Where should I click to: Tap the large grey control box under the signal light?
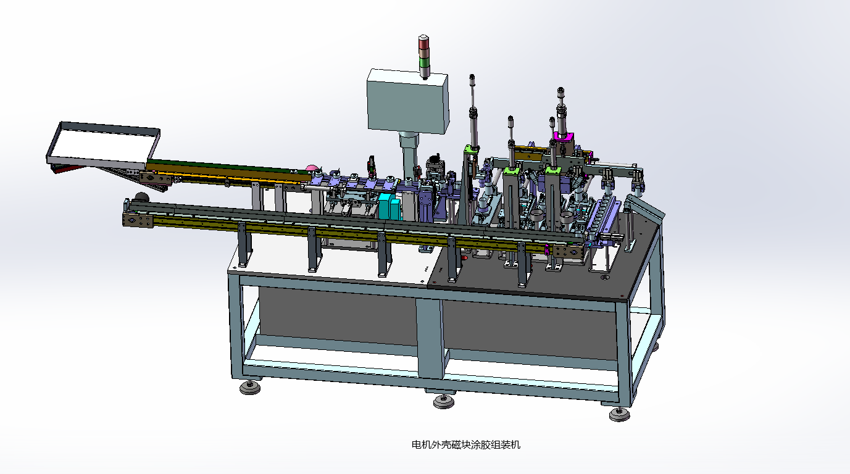[408, 101]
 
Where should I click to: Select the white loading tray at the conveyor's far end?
[102, 146]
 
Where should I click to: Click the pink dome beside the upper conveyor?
[312, 168]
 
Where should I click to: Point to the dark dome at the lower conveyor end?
[141, 198]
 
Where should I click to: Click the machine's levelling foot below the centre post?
[444, 401]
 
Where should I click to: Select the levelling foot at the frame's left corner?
[250, 387]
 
